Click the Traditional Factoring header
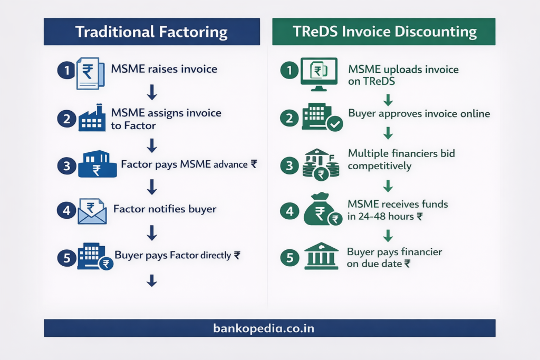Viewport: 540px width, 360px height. coord(151,32)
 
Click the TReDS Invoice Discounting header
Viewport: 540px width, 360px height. coord(384,32)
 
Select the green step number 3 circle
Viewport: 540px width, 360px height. coord(289,166)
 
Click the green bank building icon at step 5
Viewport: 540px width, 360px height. coord(322,256)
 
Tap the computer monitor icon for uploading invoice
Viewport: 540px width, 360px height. coord(319,71)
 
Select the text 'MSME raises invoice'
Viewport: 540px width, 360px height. coord(164,69)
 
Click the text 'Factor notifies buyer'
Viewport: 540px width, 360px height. coord(165,209)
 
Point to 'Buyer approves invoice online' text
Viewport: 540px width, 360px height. coord(419,114)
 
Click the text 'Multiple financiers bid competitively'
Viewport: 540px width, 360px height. coord(401,159)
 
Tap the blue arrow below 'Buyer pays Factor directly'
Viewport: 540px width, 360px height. coord(152,280)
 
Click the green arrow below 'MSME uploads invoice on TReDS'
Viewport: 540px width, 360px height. coord(388,100)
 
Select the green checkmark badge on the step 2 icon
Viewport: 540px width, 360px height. coord(335,124)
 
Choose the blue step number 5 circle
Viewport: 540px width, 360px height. coord(66,257)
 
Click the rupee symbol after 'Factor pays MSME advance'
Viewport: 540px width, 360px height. coord(254,164)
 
